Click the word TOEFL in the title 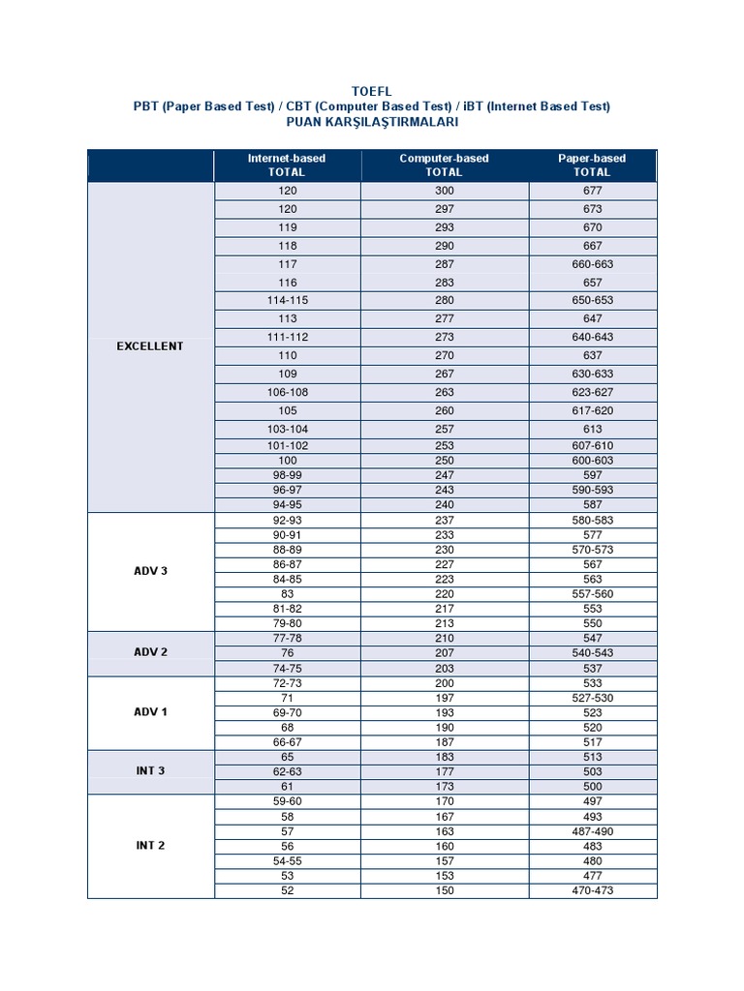372,91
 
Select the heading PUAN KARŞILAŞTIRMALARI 372,123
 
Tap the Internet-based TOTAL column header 287,165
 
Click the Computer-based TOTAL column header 444,165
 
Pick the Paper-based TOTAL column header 592,165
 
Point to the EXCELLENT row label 150,346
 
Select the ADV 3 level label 150,571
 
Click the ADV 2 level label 150,652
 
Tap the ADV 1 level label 150,712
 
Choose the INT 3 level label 150,771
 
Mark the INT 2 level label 150,846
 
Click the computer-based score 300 445,191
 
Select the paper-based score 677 592,191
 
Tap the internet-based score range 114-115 287,301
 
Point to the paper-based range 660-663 592,264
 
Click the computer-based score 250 445,461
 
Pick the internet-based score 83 287,594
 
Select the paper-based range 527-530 592,698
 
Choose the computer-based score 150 445,891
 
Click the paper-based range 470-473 592,891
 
